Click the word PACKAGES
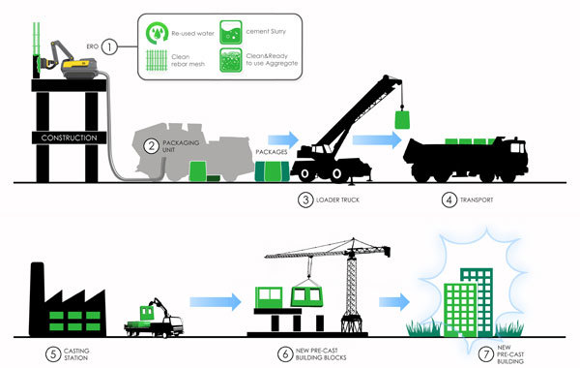[x=271, y=152]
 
